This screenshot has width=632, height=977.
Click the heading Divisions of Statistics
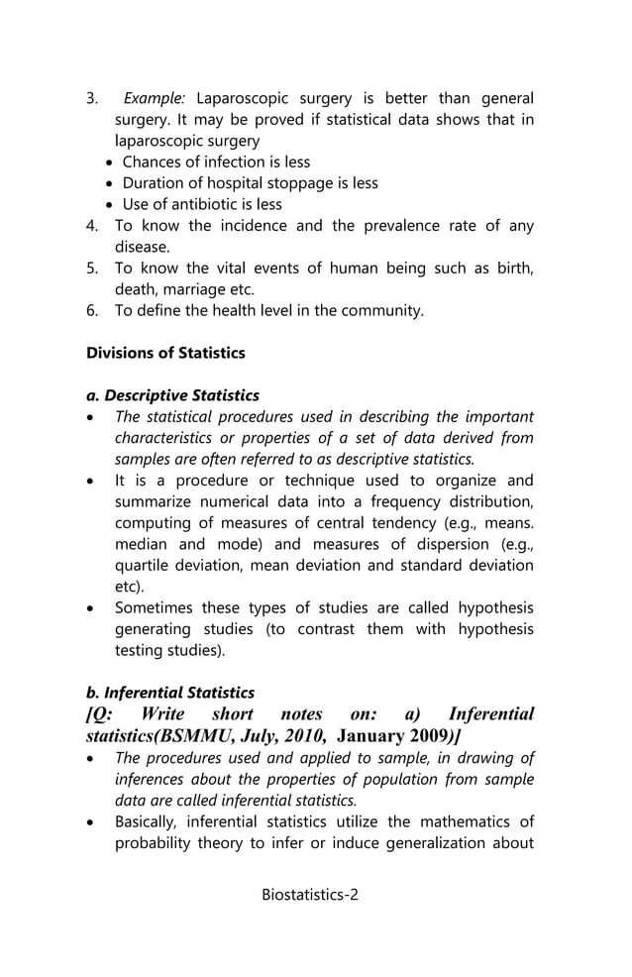(x=165, y=353)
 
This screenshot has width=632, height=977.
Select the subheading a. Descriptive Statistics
(x=172, y=395)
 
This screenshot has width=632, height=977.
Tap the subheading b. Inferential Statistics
(x=170, y=693)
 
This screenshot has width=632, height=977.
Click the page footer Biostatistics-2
(x=310, y=895)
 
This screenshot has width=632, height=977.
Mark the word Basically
(x=148, y=821)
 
